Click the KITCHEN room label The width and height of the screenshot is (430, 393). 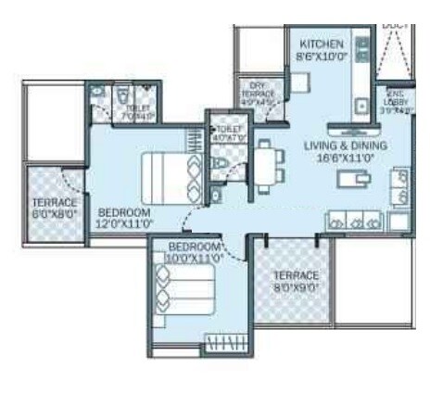[x=322, y=44]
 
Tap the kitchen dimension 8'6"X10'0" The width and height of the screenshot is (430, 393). [x=322, y=57]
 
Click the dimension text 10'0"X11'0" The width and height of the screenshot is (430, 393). [x=195, y=259]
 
